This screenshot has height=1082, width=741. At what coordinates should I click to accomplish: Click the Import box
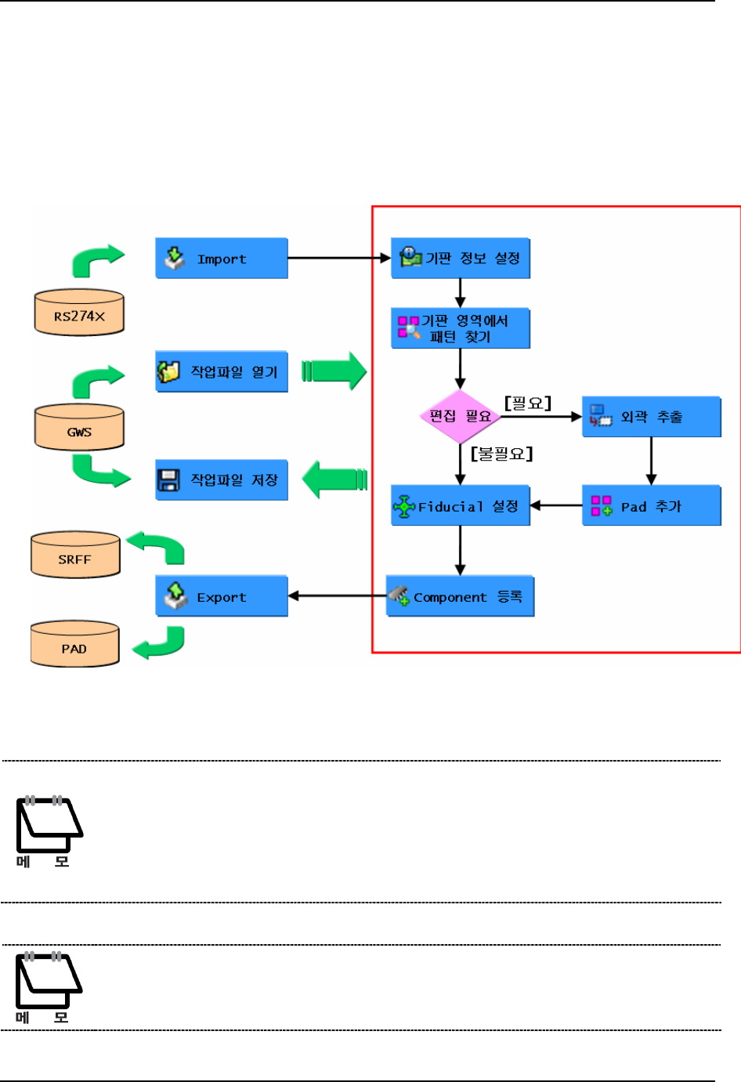pos(222,259)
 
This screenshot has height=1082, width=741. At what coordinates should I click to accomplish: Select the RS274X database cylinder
pos(79,313)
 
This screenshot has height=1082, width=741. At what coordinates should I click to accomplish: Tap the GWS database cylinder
pos(79,429)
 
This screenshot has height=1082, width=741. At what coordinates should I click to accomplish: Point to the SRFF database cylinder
pos(75,555)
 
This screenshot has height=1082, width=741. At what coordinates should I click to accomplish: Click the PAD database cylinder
pos(74,645)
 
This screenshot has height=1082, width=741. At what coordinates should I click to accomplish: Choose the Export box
pos(222,597)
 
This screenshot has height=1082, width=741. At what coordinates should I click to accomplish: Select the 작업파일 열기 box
pos(222,372)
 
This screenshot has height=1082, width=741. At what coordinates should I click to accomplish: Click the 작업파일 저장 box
pos(222,480)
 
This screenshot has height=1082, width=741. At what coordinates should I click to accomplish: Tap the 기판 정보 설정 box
pos(461,259)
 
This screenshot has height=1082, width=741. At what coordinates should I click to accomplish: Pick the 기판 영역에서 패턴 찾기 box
pos(461,328)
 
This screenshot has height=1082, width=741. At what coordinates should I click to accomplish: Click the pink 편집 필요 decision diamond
pos(461,416)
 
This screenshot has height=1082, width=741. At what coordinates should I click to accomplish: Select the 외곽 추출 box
pos(651,417)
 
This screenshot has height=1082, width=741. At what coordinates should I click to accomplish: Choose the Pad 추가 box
pos(651,506)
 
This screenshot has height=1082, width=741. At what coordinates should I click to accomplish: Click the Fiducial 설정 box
pos(461,506)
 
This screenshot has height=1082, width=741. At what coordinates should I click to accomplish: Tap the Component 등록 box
pos(461,597)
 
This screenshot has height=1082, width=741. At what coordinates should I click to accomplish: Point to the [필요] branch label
pos(528,403)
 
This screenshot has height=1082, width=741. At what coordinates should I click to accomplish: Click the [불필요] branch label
pos(502,454)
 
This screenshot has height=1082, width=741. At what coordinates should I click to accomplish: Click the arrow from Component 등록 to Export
pos(337,595)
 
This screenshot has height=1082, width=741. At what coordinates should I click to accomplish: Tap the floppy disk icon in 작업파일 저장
pos(168,480)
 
